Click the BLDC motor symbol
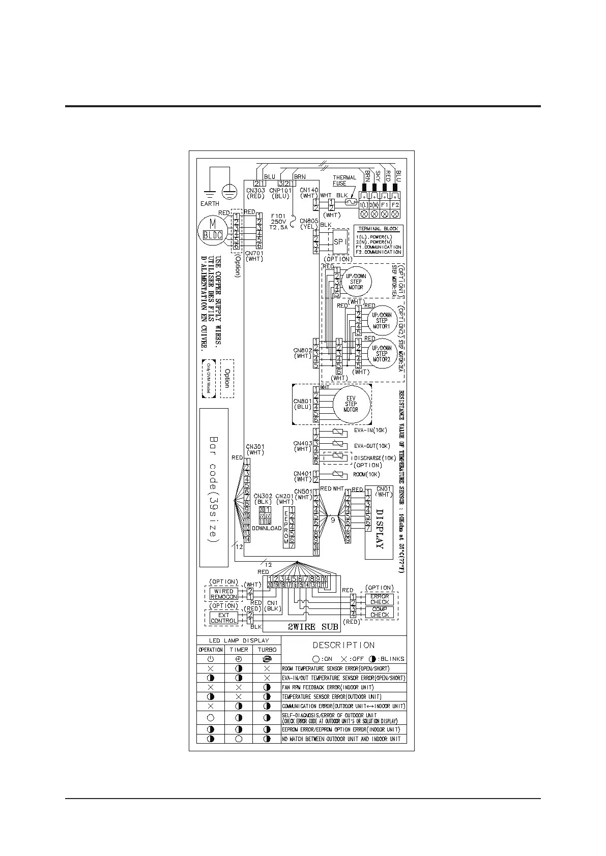210,229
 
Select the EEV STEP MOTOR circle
351,404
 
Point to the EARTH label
210,203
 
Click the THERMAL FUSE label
344,180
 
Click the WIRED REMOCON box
223,594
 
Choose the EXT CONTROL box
223,618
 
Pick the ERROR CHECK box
379,599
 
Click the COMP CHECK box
379,612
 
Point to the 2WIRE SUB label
309,627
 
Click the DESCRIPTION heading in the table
343,645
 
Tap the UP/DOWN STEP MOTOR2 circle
382,354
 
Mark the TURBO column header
267,650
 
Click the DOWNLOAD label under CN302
267,528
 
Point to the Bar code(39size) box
214,487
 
